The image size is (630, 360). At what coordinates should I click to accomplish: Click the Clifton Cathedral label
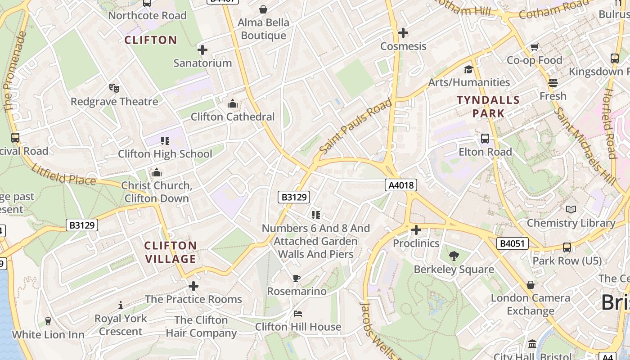232,117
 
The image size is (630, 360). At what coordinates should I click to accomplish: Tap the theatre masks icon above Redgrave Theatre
114,88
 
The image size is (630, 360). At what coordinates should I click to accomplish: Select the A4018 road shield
400,185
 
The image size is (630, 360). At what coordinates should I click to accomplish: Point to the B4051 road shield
512,244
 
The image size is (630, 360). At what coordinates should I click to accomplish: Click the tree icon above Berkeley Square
454,256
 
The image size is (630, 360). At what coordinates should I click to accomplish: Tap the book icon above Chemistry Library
571,209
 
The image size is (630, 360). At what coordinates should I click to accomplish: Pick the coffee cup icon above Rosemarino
296,278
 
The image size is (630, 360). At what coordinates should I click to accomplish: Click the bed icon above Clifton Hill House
297,313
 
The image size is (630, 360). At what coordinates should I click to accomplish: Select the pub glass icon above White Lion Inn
48,321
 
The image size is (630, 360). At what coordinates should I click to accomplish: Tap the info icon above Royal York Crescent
120,305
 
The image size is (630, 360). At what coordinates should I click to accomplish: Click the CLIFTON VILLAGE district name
171,252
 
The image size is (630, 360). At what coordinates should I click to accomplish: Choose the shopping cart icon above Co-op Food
534,47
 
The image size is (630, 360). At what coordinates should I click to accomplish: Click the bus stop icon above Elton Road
485,138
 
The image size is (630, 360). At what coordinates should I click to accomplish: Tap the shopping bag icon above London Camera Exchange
531,284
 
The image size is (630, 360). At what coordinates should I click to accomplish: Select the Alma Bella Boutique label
263,29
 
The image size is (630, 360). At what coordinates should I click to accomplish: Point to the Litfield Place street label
63,175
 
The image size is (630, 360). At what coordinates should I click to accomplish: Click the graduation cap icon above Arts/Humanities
468,69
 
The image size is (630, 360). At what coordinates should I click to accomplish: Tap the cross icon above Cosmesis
403,33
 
